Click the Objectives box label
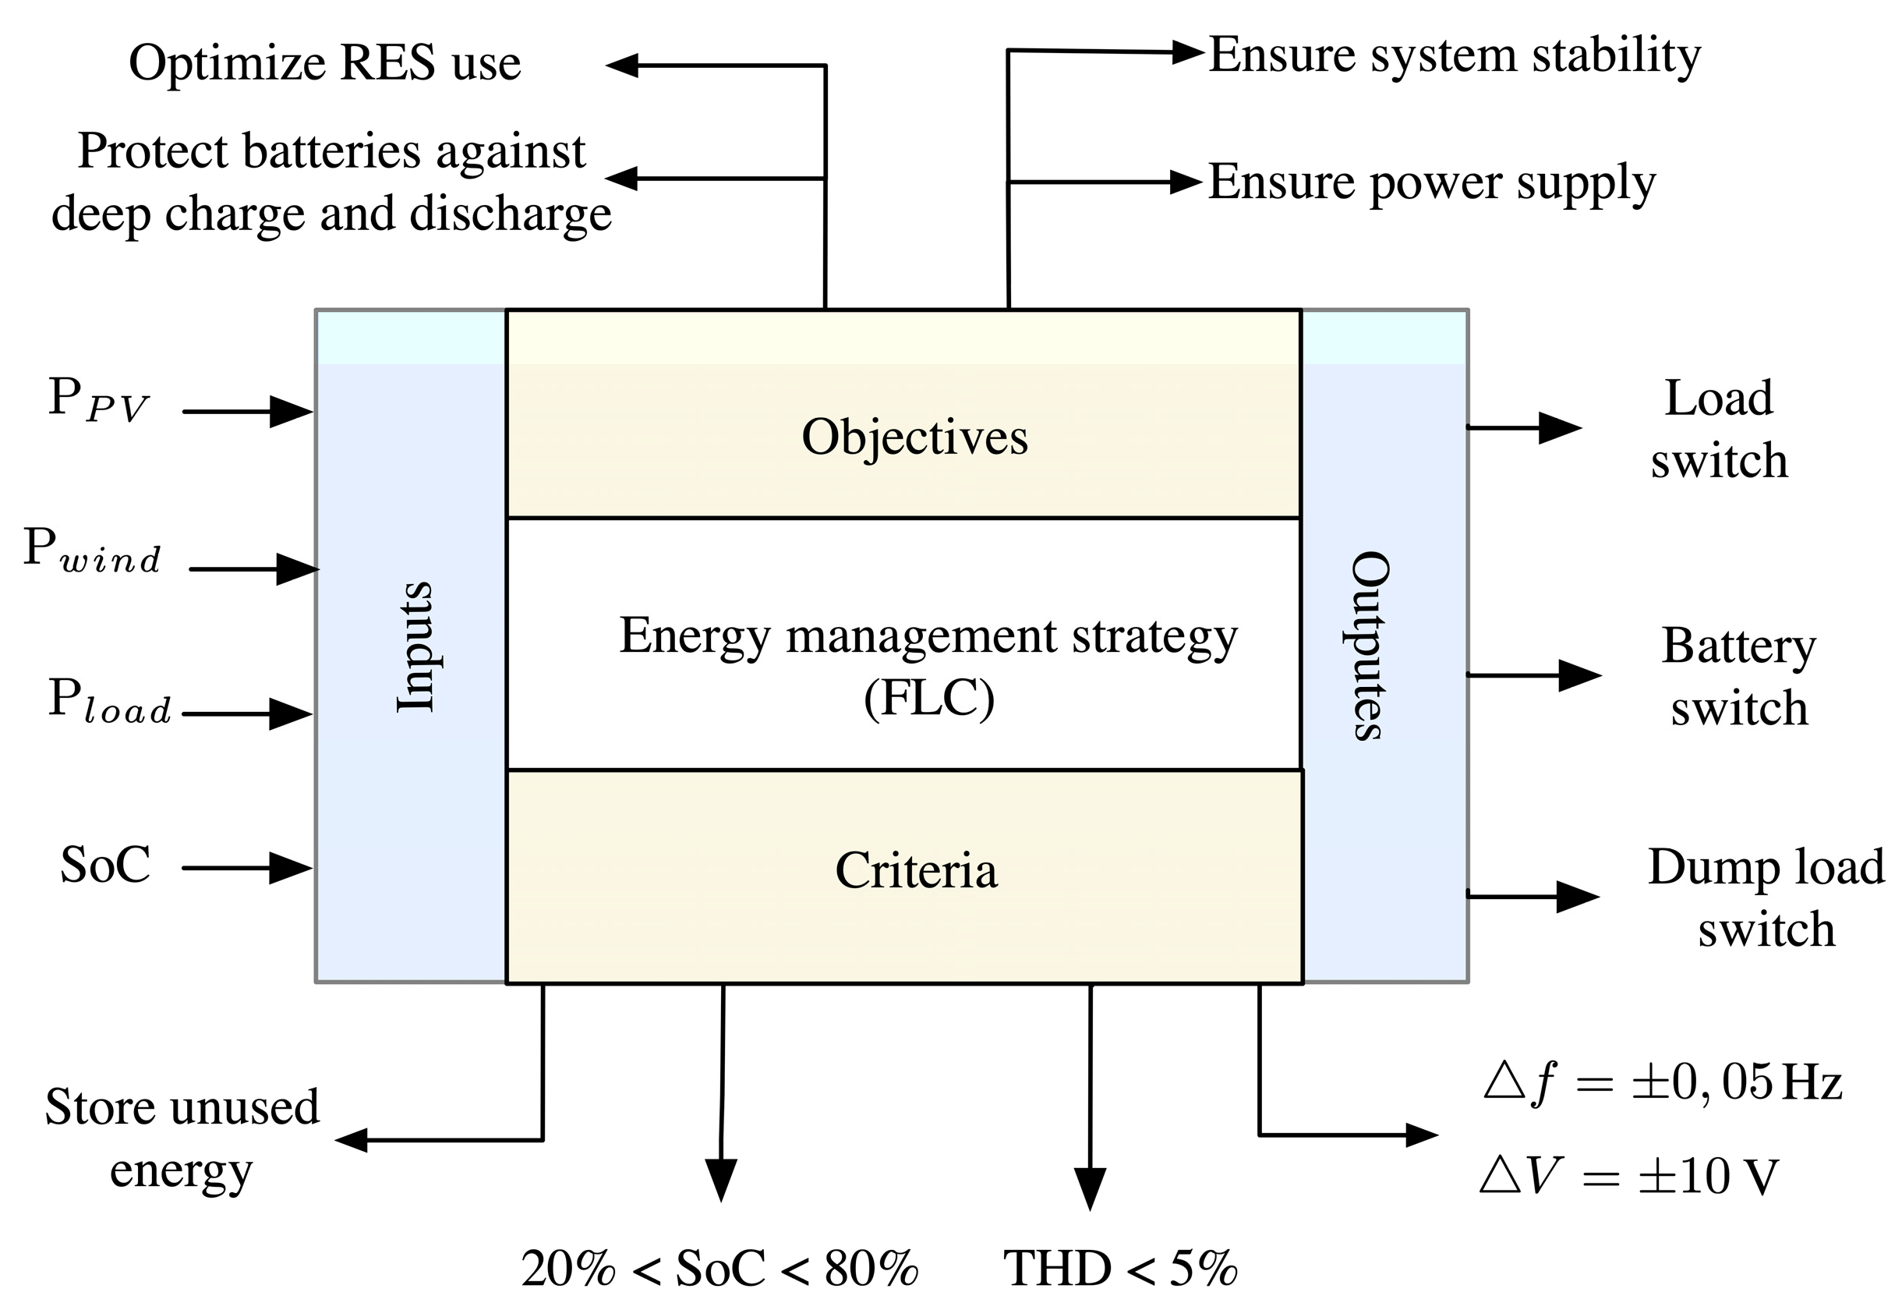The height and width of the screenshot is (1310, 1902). click(x=914, y=437)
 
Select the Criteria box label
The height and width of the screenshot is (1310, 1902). click(x=916, y=871)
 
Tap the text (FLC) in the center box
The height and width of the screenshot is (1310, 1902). click(x=929, y=699)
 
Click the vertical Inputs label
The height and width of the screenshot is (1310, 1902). click(x=415, y=646)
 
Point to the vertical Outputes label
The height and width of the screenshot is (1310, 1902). click(x=1370, y=646)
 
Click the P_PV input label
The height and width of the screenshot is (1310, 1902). click(x=97, y=401)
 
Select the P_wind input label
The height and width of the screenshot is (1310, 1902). click(x=92, y=550)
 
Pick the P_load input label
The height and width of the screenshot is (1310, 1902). click(x=109, y=702)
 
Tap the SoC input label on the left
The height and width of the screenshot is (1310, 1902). click(x=105, y=865)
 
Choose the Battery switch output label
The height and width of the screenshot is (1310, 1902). click(x=1739, y=676)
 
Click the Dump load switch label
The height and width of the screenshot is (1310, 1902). click(x=1765, y=898)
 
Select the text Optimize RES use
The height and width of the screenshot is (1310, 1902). click(x=325, y=63)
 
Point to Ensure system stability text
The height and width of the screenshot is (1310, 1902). click(x=1454, y=56)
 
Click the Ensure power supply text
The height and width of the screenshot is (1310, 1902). click(x=1432, y=182)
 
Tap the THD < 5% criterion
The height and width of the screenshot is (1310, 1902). click(x=1120, y=1268)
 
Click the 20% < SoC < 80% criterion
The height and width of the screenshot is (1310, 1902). click(x=719, y=1268)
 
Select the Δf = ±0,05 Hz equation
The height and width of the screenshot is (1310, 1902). click(x=1663, y=1083)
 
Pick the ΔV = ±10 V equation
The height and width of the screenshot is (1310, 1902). click(x=1628, y=1176)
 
